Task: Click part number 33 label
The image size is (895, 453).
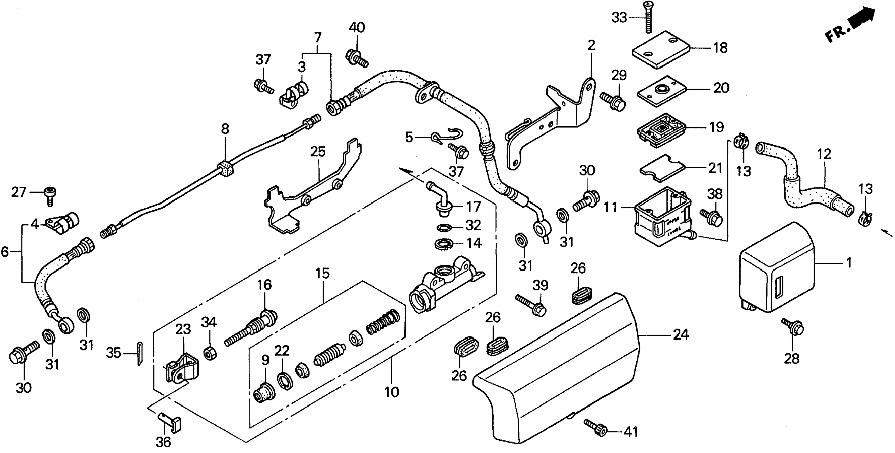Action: point(619,17)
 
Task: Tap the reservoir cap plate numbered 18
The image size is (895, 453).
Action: point(660,50)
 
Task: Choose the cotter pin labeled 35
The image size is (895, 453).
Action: point(139,353)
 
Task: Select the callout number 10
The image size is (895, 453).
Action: point(392,392)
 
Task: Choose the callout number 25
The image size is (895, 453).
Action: point(318,152)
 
